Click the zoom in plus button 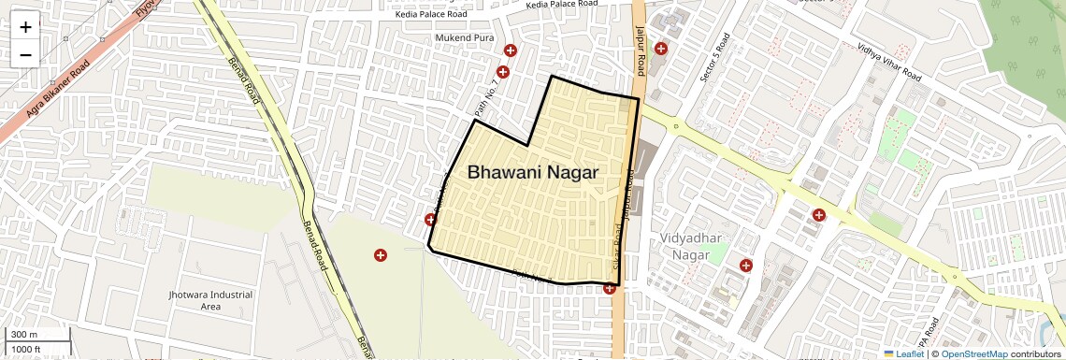pos(25,26)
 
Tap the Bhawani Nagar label pos(532,172)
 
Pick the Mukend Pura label pos(464,37)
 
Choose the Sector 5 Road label pos(714,57)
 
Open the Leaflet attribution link pos(904,353)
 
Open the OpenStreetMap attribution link pos(973,353)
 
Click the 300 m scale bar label pos(25,335)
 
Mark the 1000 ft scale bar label pos(27,349)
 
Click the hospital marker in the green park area pos(381,255)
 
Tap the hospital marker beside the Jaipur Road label pos(661,49)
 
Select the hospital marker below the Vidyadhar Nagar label pos(745,266)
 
